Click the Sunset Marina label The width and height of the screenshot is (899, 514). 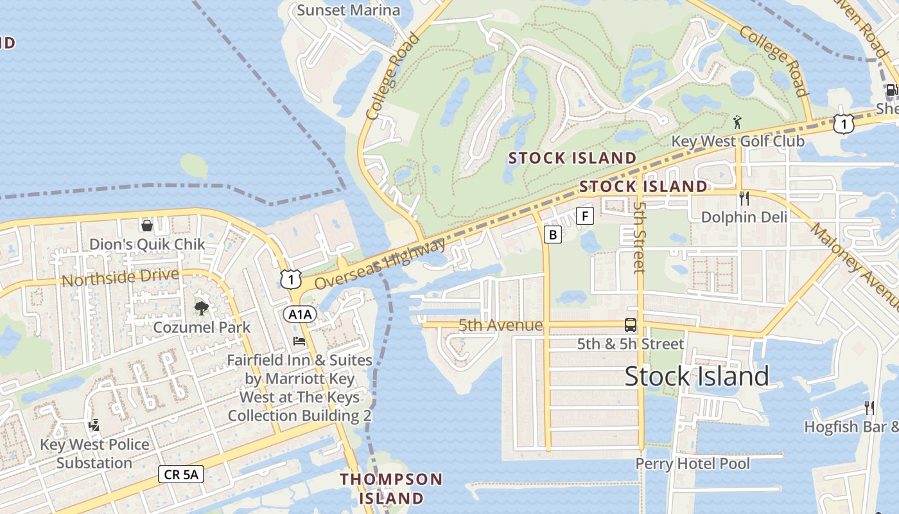[x=349, y=10]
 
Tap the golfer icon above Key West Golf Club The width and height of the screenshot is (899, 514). [x=737, y=121]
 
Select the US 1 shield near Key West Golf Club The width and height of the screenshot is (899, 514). [x=843, y=123]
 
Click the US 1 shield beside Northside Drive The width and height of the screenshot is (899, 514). [x=290, y=278]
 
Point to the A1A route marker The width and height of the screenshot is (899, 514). [x=301, y=314]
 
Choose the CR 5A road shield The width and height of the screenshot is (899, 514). [x=181, y=475]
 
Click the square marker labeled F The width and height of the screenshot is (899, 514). [x=584, y=216]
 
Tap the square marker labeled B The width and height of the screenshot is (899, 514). [x=552, y=235]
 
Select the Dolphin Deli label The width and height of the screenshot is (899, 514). [x=744, y=217]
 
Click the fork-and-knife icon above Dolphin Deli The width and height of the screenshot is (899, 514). [x=744, y=198]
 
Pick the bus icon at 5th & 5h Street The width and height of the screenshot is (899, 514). [x=631, y=325]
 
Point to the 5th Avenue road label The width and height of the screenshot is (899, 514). [x=500, y=326]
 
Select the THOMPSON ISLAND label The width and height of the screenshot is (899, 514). [x=391, y=488]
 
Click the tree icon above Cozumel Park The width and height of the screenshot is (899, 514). [x=202, y=308]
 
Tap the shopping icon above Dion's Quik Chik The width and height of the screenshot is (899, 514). [x=147, y=225]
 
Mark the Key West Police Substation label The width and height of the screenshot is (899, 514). [x=94, y=454]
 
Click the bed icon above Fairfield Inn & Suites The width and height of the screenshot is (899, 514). [x=299, y=341]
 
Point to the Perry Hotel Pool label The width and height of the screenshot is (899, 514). [x=692, y=463]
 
